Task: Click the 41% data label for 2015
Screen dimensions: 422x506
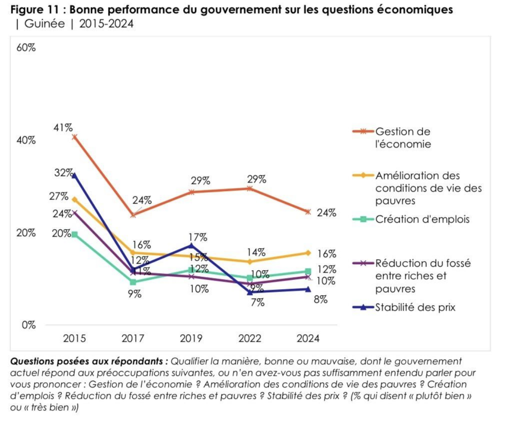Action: coord(63,128)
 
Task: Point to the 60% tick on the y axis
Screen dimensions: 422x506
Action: coord(26,48)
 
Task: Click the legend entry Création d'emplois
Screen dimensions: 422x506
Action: coord(422,219)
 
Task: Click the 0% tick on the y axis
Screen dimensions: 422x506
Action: coord(28,325)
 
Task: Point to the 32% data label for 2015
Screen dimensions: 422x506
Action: coord(63,173)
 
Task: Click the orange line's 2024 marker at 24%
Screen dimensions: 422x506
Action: coord(308,212)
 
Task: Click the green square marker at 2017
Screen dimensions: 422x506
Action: coord(134,282)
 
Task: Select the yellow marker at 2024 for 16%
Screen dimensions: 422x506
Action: coord(308,253)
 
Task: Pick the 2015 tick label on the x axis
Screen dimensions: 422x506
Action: coord(74,338)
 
